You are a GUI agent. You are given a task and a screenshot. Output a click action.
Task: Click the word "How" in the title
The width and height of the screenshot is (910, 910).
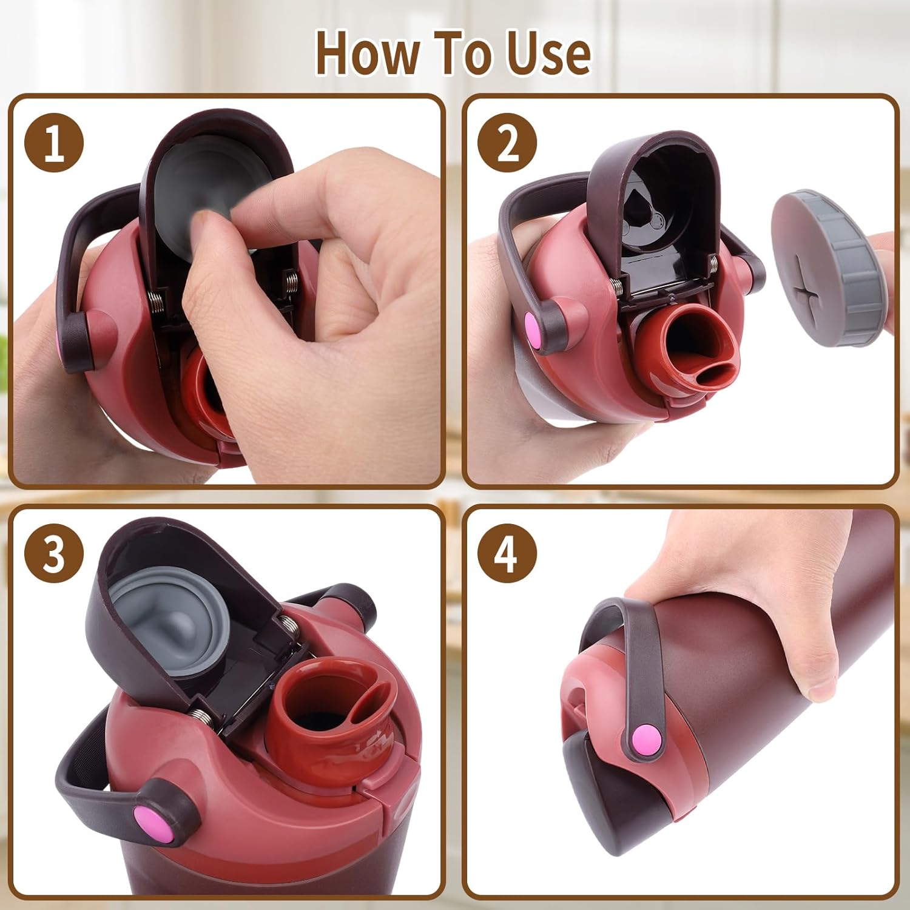367,53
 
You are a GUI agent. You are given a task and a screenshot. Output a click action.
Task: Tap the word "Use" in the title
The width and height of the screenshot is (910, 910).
548,53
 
